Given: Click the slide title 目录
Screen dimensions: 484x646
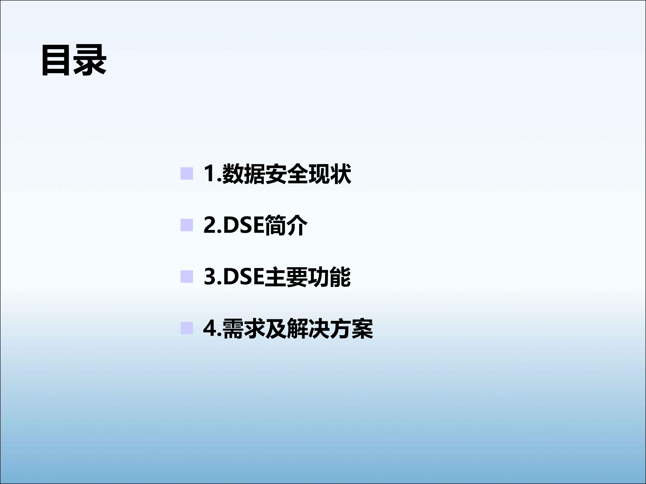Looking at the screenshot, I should pyautogui.click(x=74, y=61).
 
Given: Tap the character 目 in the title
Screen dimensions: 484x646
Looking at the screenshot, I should pyautogui.click(x=57, y=61).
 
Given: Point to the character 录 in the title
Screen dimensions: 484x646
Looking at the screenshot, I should pyautogui.click(x=90, y=61).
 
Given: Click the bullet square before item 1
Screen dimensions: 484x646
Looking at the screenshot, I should pyautogui.click(x=187, y=174).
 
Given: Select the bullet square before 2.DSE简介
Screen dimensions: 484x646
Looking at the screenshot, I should pyautogui.click(x=187, y=225).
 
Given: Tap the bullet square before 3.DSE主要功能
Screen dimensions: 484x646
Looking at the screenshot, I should pyautogui.click(x=187, y=277).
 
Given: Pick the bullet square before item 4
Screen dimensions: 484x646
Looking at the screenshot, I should pyautogui.click(x=187, y=328).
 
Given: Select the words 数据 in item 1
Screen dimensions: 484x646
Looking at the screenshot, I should pyautogui.click(x=243, y=174).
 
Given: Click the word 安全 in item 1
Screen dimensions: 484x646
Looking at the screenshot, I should pyautogui.click(x=286, y=174).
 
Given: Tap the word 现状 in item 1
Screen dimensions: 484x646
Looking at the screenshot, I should pyautogui.click(x=329, y=174).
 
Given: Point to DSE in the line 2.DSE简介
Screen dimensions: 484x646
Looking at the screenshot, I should pyautogui.click(x=243, y=225).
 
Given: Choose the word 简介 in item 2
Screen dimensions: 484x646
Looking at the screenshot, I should pyautogui.click(x=286, y=225).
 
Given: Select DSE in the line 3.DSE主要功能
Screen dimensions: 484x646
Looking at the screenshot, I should pyautogui.click(x=243, y=277).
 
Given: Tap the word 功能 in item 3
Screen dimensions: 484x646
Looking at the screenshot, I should pyautogui.click(x=329, y=277).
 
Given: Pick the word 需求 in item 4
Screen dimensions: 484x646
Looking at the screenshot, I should pyautogui.click(x=243, y=328).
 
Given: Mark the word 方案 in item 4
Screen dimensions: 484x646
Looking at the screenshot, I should pyautogui.click(x=351, y=328).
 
